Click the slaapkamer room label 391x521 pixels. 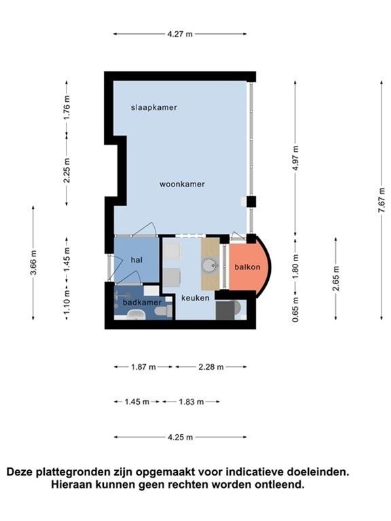point(153,108)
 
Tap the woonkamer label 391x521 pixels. point(182,184)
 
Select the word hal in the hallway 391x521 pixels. point(136,260)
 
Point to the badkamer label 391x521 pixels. point(142,303)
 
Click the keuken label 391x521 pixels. point(195,298)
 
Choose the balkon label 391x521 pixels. point(247,267)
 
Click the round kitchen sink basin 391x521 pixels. point(210,265)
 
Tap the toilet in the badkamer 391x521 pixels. point(164,311)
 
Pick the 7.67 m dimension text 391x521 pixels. point(381,201)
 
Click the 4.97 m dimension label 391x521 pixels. point(295,158)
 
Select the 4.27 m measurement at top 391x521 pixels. point(180,34)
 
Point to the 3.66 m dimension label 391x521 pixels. point(33,263)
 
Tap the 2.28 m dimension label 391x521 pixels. point(211,367)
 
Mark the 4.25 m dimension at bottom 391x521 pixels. point(180,438)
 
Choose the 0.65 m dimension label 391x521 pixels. point(295,309)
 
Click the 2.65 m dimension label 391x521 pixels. point(336,278)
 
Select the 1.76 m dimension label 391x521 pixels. point(67,108)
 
